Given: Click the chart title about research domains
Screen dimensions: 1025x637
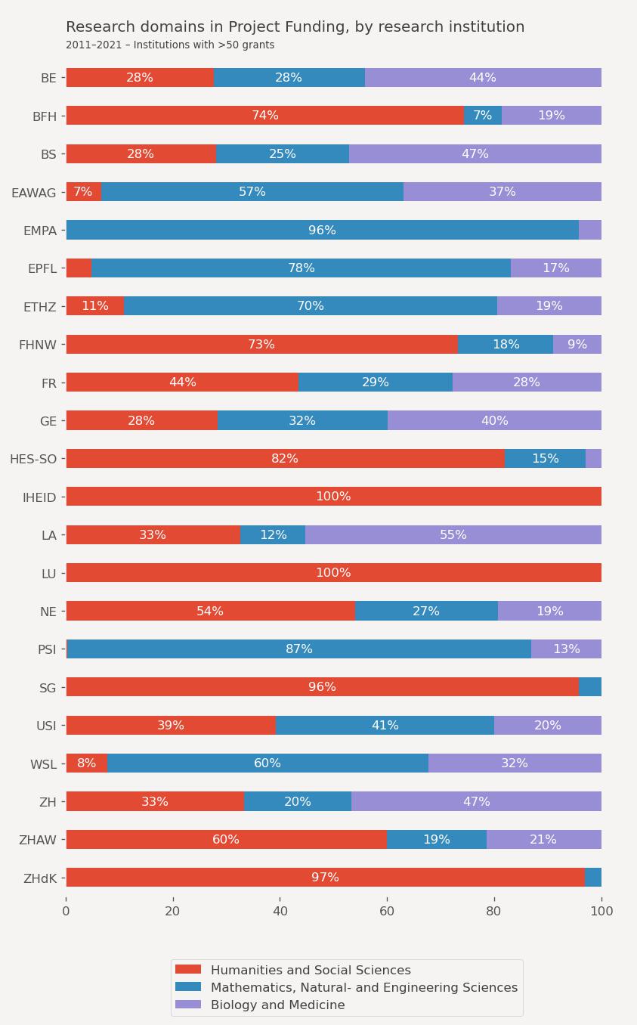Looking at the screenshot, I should click(x=295, y=27).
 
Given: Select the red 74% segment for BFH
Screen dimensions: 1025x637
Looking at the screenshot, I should click(x=264, y=116).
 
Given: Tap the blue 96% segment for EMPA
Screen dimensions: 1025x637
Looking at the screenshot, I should click(x=322, y=230).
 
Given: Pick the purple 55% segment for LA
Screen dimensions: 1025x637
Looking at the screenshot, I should click(x=453, y=534).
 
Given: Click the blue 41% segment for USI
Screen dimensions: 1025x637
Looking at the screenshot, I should click(x=385, y=725).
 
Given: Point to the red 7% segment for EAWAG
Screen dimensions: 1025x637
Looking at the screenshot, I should click(x=83, y=192).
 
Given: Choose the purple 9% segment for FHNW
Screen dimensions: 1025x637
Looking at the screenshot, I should click(x=577, y=345).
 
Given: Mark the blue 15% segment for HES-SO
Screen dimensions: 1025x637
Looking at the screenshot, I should click(x=545, y=459).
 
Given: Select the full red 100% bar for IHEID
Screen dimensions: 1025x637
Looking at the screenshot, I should click(x=333, y=497).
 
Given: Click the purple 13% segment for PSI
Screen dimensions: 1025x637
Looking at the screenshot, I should click(x=566, y=649).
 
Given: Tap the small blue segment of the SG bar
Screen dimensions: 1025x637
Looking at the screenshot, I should click(x=590, y=687).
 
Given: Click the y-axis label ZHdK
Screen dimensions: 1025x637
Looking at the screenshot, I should click(x=40, y=878).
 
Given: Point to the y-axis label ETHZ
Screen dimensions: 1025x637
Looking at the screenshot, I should click(x=40, y=307).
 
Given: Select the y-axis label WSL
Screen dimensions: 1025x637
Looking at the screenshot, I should click(x=43, y=764).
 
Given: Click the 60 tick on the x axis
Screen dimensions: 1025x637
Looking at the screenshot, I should click(x=387, y=911).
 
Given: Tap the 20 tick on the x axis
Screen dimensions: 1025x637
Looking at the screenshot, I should click(x=173, y=911).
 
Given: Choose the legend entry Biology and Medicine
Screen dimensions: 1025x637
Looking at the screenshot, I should click(x=277, y=1005).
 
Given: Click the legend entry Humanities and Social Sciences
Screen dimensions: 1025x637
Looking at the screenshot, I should click(x=311, y=970).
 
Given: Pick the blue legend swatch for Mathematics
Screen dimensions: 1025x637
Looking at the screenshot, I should click(x=188, y=987).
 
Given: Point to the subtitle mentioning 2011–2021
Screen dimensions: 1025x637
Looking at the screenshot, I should click(x=170, y=45).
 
